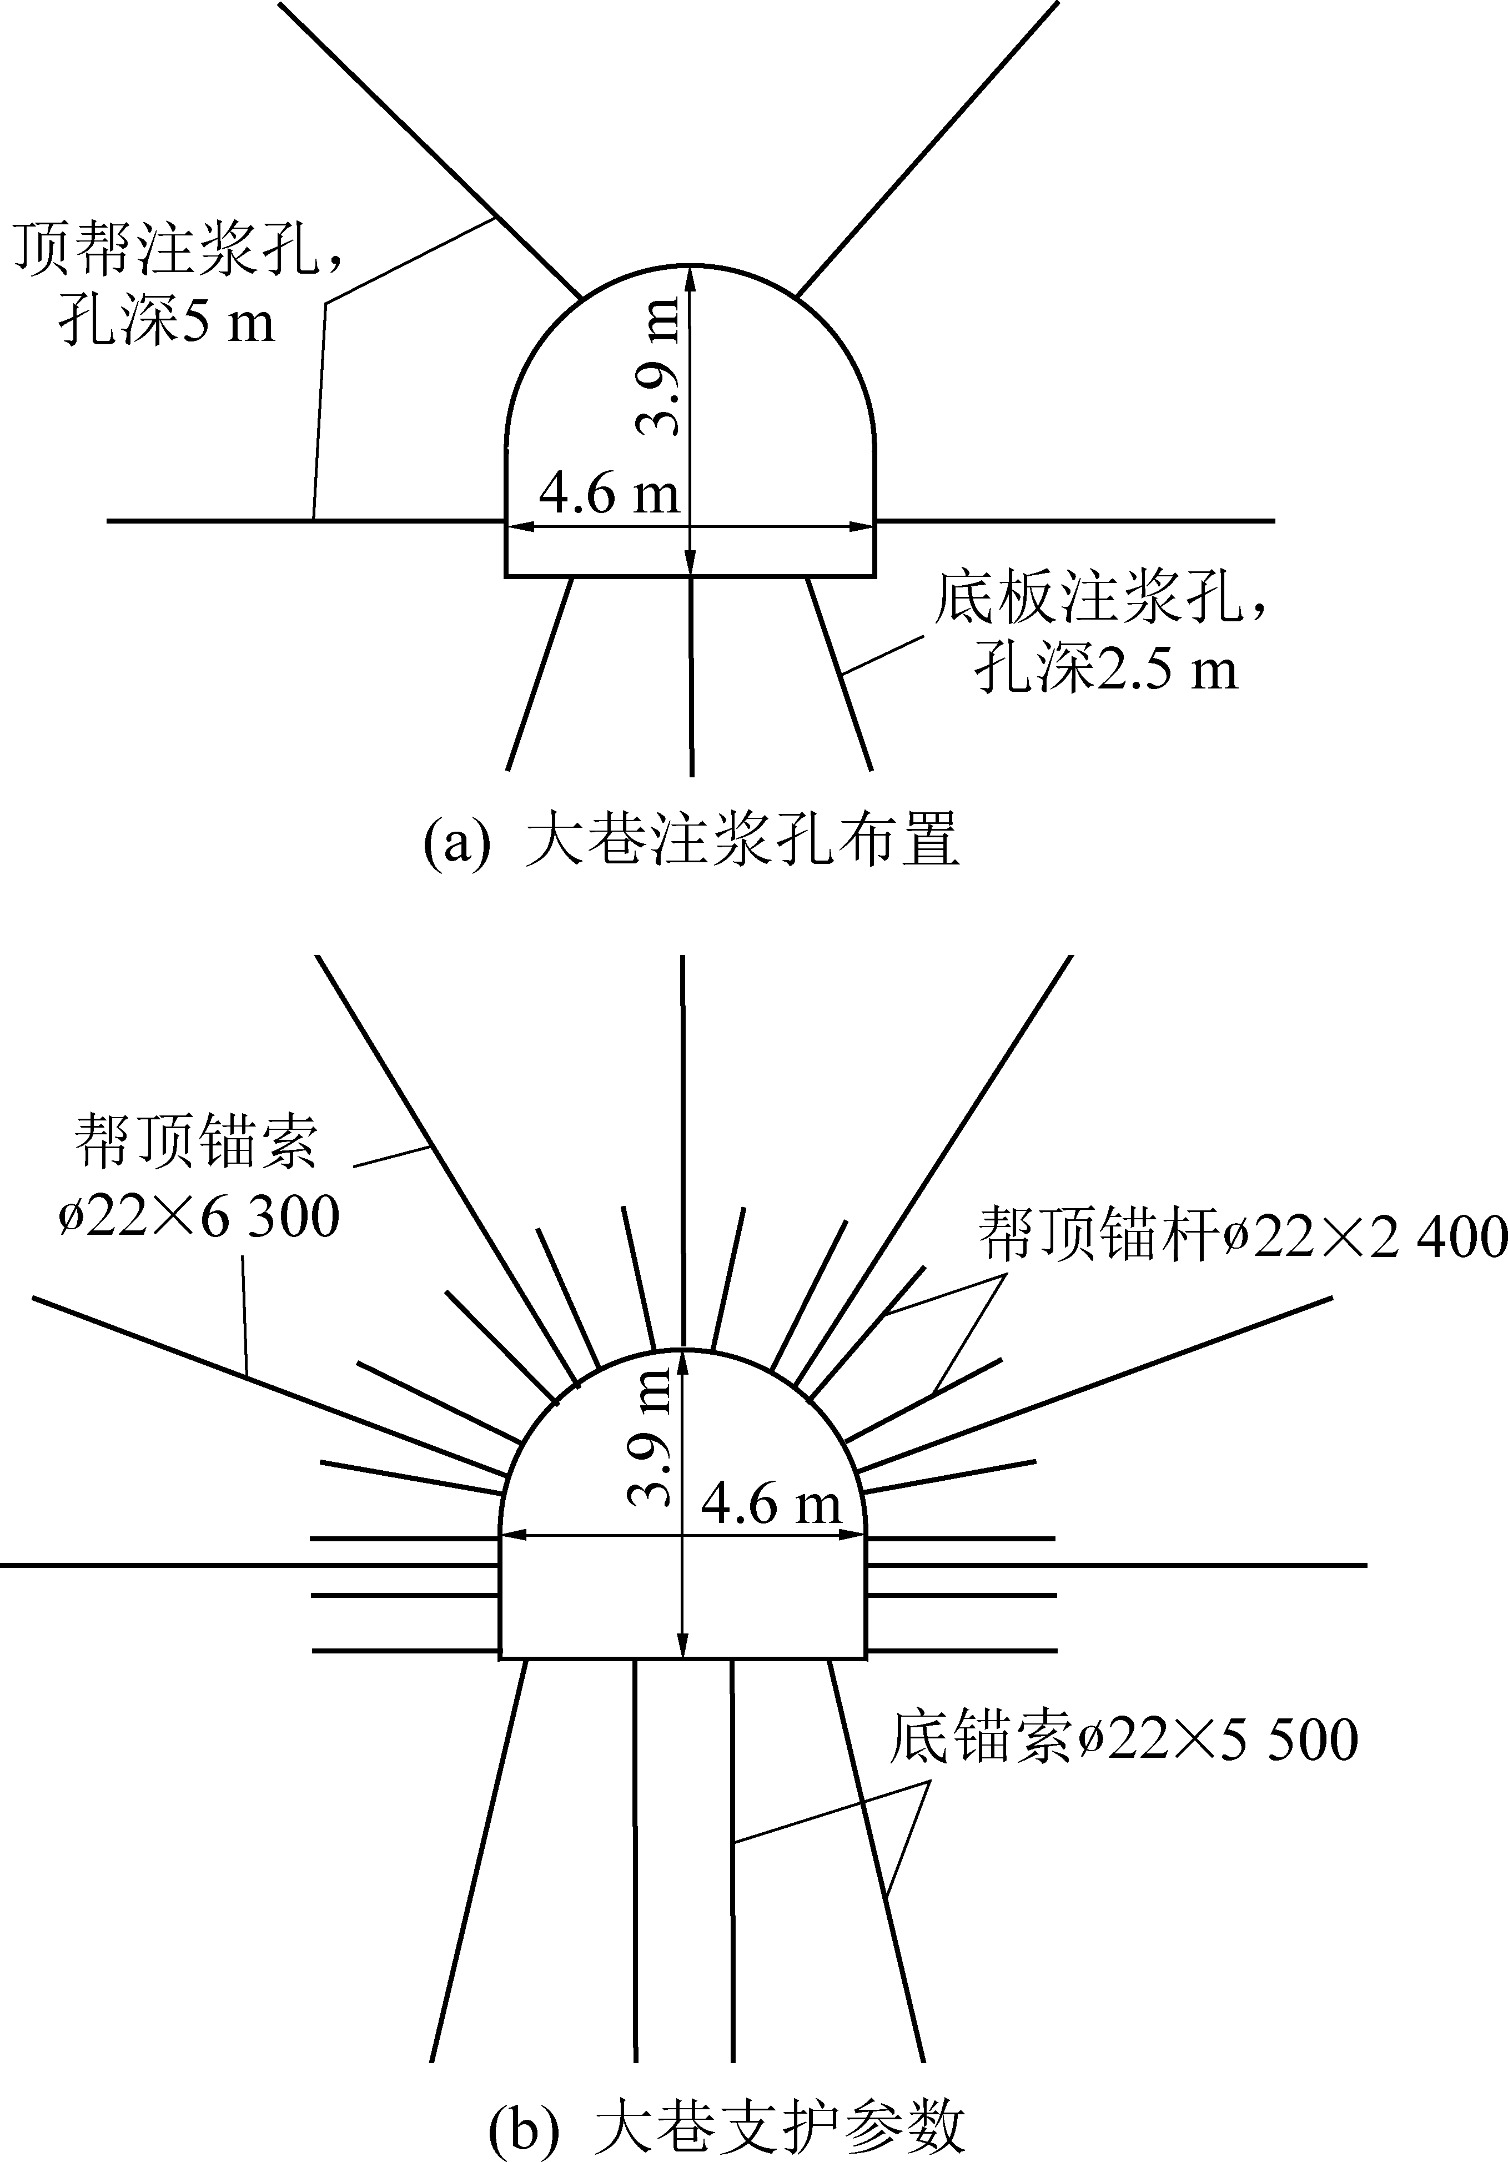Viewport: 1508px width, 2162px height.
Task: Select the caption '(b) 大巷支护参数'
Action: [x=727, y=2129]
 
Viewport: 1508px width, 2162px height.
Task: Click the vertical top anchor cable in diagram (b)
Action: [x=682, y=1149]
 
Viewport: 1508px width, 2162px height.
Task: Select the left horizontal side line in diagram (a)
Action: [x=301, y=520]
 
